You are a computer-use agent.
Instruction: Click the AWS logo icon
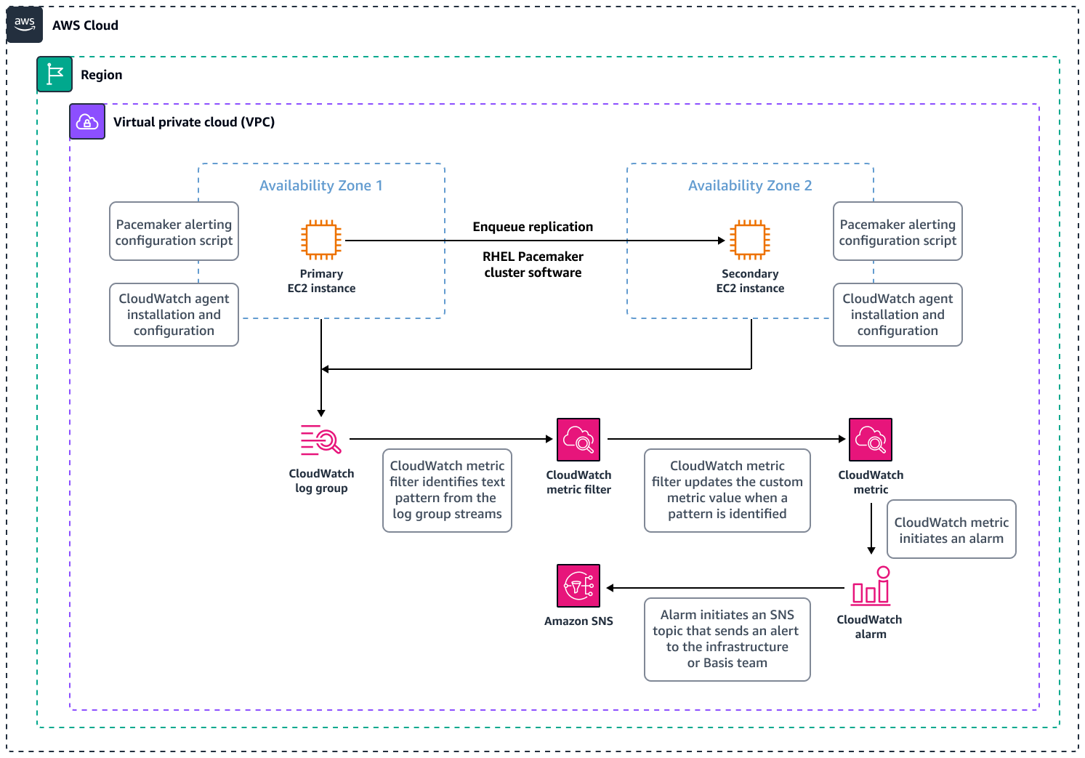[x=25, y=25]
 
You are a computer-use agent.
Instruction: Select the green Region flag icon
[x=55, y=74]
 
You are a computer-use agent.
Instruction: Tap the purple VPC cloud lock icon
[x=87, y=121]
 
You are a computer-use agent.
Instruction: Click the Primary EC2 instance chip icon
[x=321, y=240]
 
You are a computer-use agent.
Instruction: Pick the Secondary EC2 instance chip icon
[x=750, y=240]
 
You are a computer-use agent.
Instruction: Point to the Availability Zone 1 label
[x=320, y=185]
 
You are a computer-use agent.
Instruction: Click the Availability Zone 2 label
[x=750, y=185]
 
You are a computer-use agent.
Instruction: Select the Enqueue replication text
[x=533, y=227]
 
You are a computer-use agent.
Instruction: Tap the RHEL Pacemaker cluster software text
[x=533, y=265]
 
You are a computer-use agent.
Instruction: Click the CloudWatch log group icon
[x=321, y=440]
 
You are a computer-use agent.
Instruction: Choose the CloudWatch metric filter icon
[x=578, y=440]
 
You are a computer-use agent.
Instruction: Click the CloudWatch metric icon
[x=871, y=440]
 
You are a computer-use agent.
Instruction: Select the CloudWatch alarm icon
[x=871, y=586]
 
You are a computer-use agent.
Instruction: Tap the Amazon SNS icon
[x=578, y=586]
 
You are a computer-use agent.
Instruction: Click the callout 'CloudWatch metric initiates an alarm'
[x=951, y=530]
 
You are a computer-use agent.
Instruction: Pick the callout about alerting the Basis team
[x=727, y=639]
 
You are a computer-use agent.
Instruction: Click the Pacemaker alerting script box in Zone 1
[x=174, y=232]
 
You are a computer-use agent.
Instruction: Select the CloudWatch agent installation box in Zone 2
[x=898, y=315]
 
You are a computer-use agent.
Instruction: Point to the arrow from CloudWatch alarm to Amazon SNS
[x=727, y=588]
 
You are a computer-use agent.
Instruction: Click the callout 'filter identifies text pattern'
[x=447, y=490]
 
